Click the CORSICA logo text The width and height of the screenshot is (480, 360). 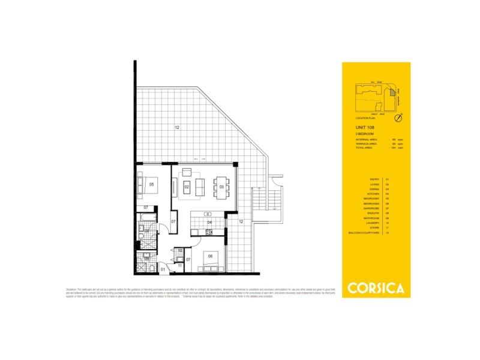[376, 287]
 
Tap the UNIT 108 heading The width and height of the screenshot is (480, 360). [364, 128]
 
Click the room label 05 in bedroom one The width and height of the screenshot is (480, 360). [152, 185]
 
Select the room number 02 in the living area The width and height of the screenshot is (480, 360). [187, 187]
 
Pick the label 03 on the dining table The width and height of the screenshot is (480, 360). [221, 187]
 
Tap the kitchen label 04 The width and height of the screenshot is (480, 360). [209, 222]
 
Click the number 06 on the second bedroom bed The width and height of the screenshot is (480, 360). [210, 256]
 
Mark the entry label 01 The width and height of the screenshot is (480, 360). [162, 270]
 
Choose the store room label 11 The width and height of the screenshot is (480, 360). [179, 265]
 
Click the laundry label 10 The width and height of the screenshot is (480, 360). [179, 250]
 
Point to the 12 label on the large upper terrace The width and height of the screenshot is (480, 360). [177, 127]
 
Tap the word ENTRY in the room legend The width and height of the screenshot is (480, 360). [375, 179]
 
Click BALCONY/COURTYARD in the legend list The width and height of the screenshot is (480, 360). [367, 232]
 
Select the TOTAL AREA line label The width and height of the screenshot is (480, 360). [365, 148]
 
